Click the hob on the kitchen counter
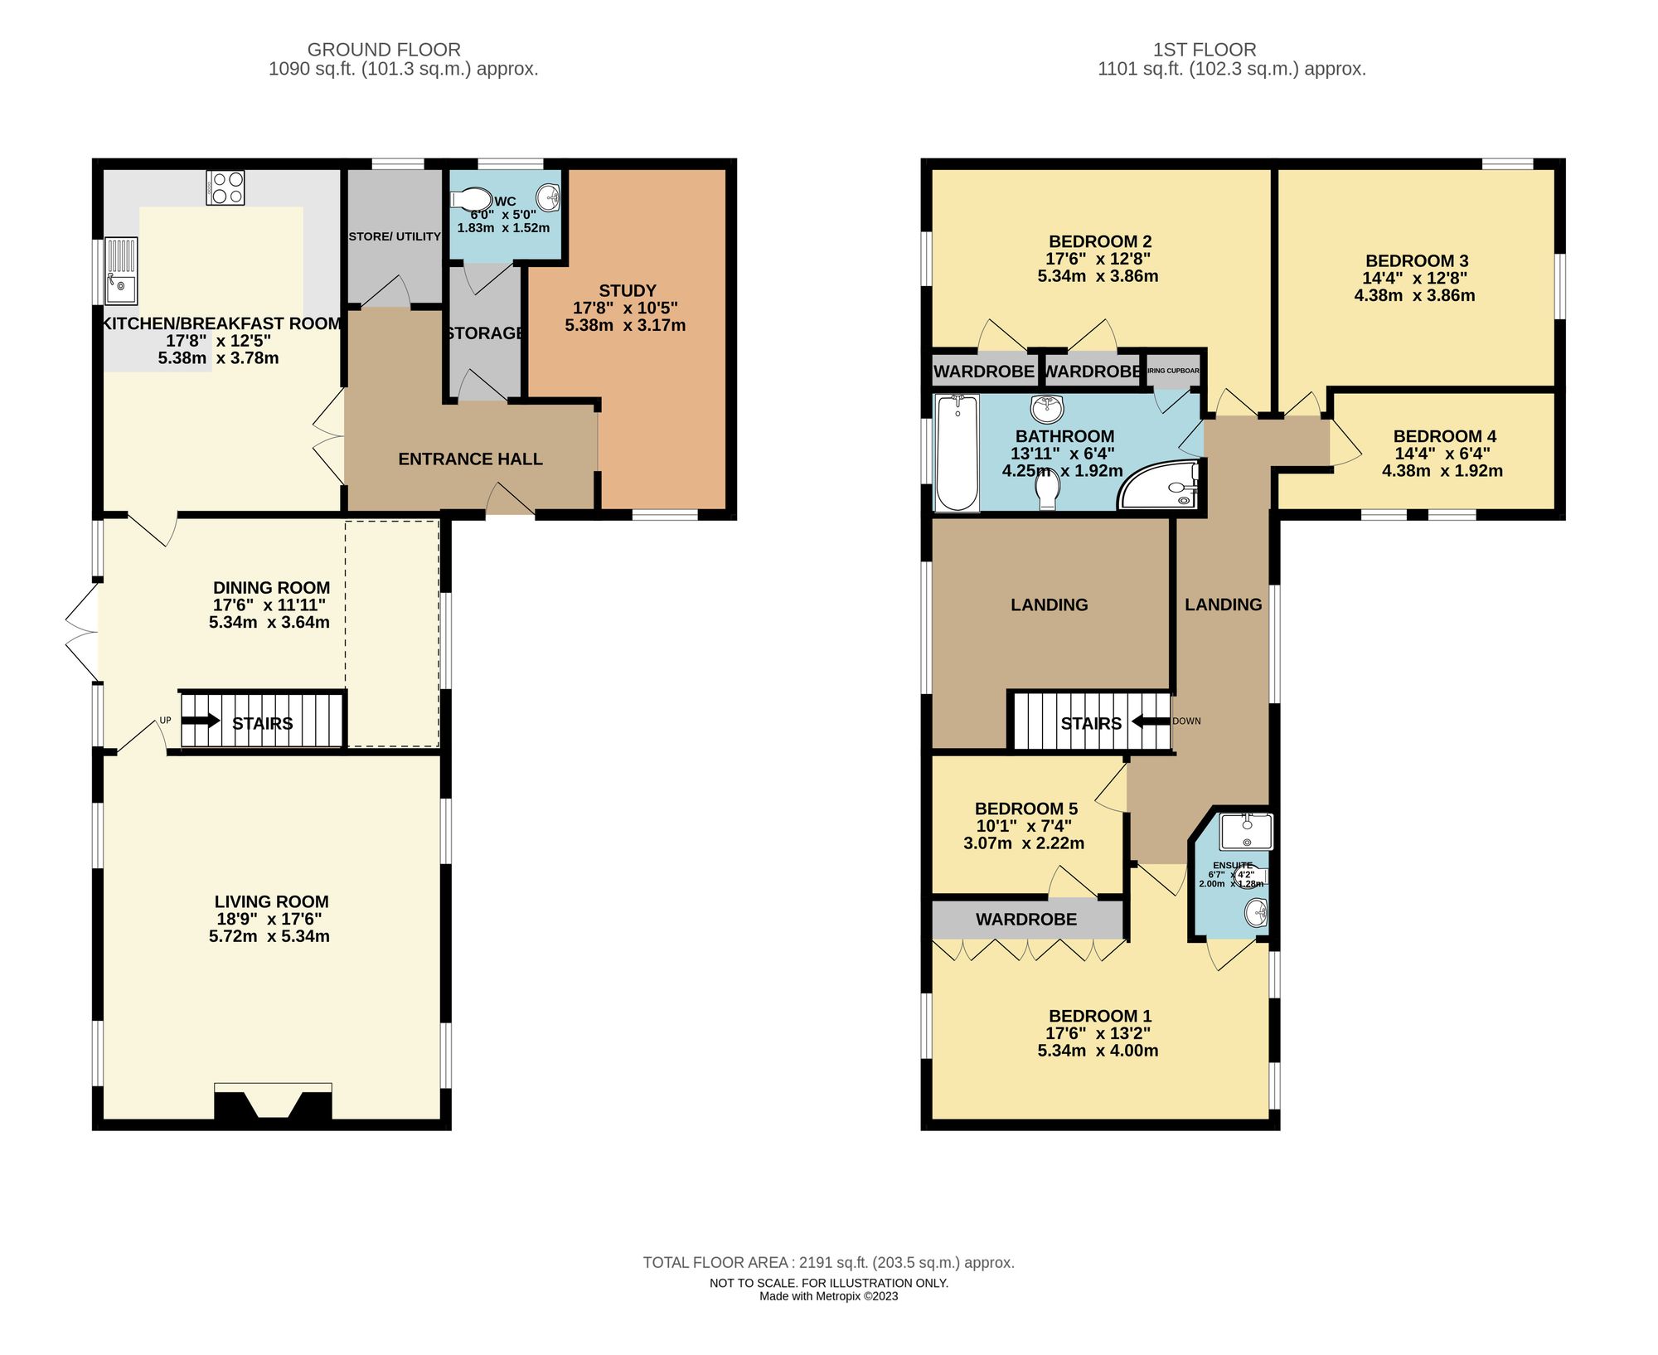click(225, 187)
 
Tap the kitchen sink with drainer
click(121, 270)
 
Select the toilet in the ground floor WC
click(471, 199)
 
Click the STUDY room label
click(627, 291)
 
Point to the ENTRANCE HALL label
click(470, 459)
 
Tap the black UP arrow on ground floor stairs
click(201, 721)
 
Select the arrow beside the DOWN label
click(1151, 721)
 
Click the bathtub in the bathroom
click(957, 453)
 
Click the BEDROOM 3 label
click(1416, 261)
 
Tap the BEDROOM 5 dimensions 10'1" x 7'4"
click(1024, 826)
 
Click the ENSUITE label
click(1233, 865)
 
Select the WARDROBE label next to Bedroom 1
click(1025, 919)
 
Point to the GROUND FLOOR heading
click(384, 50)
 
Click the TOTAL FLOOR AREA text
click(828, 1262)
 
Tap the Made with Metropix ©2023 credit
click(828, 1296)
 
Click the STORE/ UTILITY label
click(395, 236)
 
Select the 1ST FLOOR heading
click(1204, 50)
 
